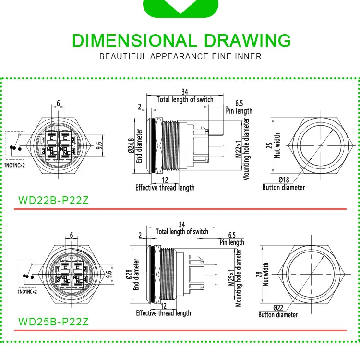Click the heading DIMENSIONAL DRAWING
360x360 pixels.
(x=181, y=40)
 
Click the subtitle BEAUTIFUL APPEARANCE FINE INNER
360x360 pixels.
(x=180, y=56)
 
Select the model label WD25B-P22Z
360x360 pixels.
(x=53, y=321)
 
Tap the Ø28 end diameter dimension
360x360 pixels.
(x=129, y=275)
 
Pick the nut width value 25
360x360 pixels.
(x=269, y=145)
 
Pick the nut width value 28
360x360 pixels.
(x=259, y=273)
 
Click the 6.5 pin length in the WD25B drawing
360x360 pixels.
(x=232, y=235)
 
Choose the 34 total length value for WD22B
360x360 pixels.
(x=185, y=92)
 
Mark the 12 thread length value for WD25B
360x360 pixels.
(x=163, y=306)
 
